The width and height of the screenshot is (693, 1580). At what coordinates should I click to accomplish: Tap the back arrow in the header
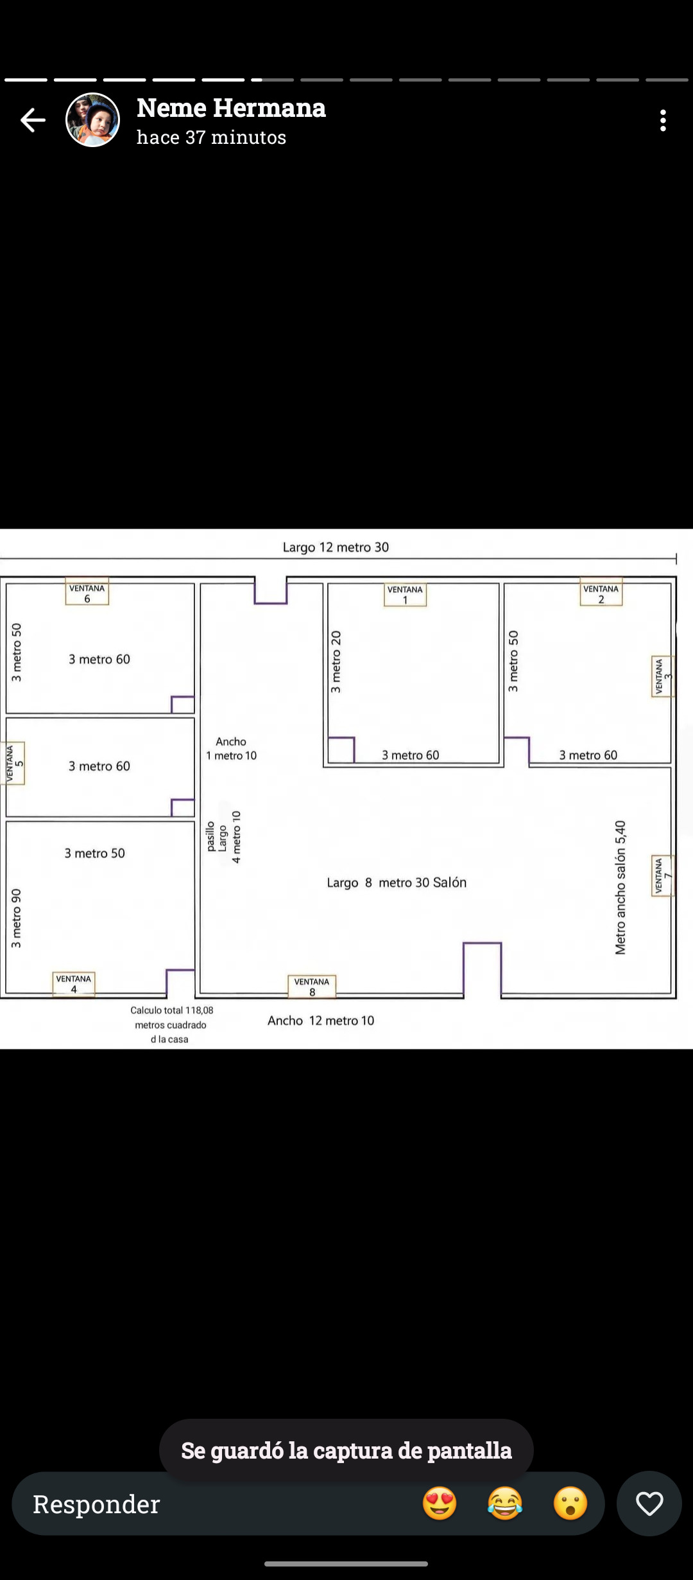[32, 120]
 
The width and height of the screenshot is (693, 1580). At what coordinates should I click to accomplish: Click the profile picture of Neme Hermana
[93, 120]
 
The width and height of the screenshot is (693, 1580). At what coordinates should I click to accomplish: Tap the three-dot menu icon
[663, 120]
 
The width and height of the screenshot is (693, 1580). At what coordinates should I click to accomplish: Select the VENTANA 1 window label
[405, 594]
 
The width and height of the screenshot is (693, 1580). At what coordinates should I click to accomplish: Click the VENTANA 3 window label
[663, 676]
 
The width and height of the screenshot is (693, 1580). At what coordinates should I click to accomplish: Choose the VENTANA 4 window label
[74, 984]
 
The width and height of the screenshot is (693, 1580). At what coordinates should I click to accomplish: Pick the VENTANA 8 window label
[312, 987]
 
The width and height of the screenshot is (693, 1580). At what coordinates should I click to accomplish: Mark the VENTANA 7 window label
[663, 875]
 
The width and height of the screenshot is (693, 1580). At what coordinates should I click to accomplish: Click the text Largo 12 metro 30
[336, 547]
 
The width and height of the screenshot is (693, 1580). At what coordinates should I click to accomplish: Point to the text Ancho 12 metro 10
[321, 1021]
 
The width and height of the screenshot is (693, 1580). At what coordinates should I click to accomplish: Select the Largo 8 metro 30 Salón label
[397, 882]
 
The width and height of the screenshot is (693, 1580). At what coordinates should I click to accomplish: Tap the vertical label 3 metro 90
[16, 918]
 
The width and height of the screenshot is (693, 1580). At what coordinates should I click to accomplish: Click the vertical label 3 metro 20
[336, 662]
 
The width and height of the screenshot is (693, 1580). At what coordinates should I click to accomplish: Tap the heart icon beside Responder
[649, 1504]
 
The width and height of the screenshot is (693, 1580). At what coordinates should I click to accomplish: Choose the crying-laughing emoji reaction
[505, 1504]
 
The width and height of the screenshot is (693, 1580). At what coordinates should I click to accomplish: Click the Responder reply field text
[96, 1504]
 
